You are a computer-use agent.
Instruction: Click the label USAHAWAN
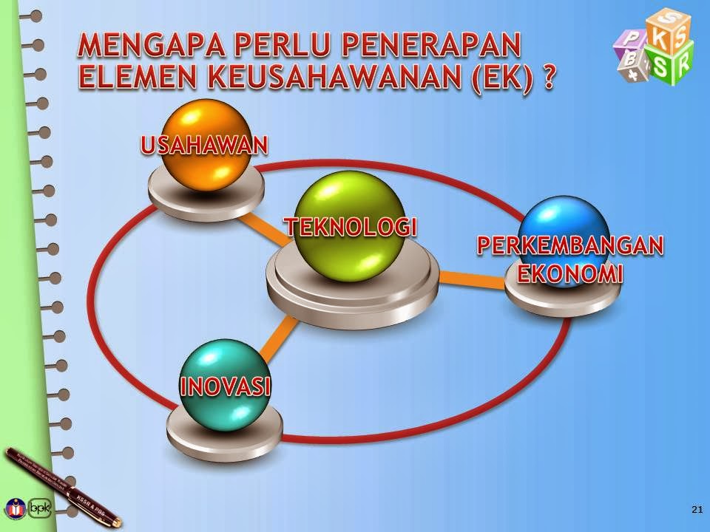[203, 146]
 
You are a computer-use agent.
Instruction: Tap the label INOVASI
[225, 386]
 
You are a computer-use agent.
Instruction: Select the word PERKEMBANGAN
[569, 246]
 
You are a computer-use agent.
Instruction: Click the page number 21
[696, 509]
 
